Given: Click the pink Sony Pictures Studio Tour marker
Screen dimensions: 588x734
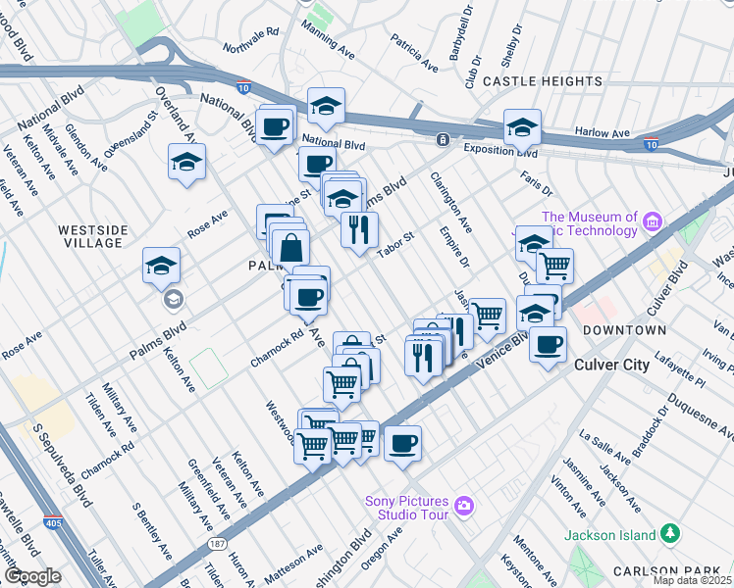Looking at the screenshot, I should tap(464, 507).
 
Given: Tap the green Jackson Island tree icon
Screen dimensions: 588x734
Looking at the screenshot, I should tap(670, 533).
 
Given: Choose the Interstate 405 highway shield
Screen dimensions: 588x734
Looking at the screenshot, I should tap(52, 520).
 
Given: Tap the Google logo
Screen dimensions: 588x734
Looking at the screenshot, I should tap(32, 576).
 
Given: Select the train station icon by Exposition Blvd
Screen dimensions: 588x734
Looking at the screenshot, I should tap(444, 139).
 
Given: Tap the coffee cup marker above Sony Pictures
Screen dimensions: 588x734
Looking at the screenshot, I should tap(402, 443).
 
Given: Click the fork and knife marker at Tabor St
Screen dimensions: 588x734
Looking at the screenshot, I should tap(359, 229).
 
